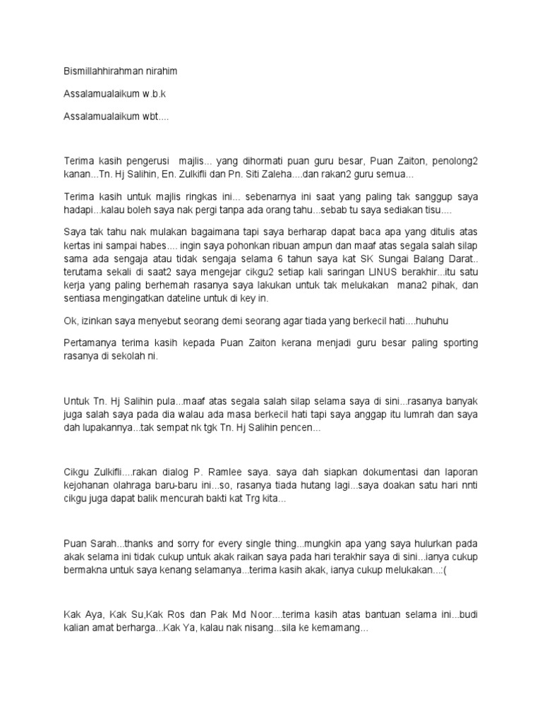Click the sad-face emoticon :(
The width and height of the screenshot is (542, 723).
(444, 570)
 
